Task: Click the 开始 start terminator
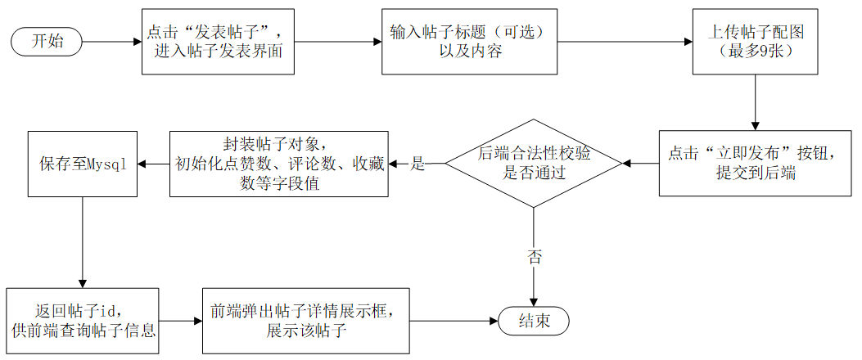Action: point(46,41)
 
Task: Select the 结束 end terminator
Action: point(534,322)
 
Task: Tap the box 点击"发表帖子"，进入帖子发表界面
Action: point(216,41)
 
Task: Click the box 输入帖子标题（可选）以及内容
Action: point(469,41)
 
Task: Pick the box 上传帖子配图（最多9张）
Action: point(756,41)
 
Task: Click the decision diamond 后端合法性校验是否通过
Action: point(534,164)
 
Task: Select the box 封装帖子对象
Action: point(278,164)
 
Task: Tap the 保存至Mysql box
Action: point(83,164)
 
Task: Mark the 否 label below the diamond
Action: point(534,257)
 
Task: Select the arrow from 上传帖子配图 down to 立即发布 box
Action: point(756,102)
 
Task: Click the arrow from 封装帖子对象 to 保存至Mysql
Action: point(152,164)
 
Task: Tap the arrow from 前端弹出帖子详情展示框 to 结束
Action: point(454,322)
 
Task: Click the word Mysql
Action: point(107,164)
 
